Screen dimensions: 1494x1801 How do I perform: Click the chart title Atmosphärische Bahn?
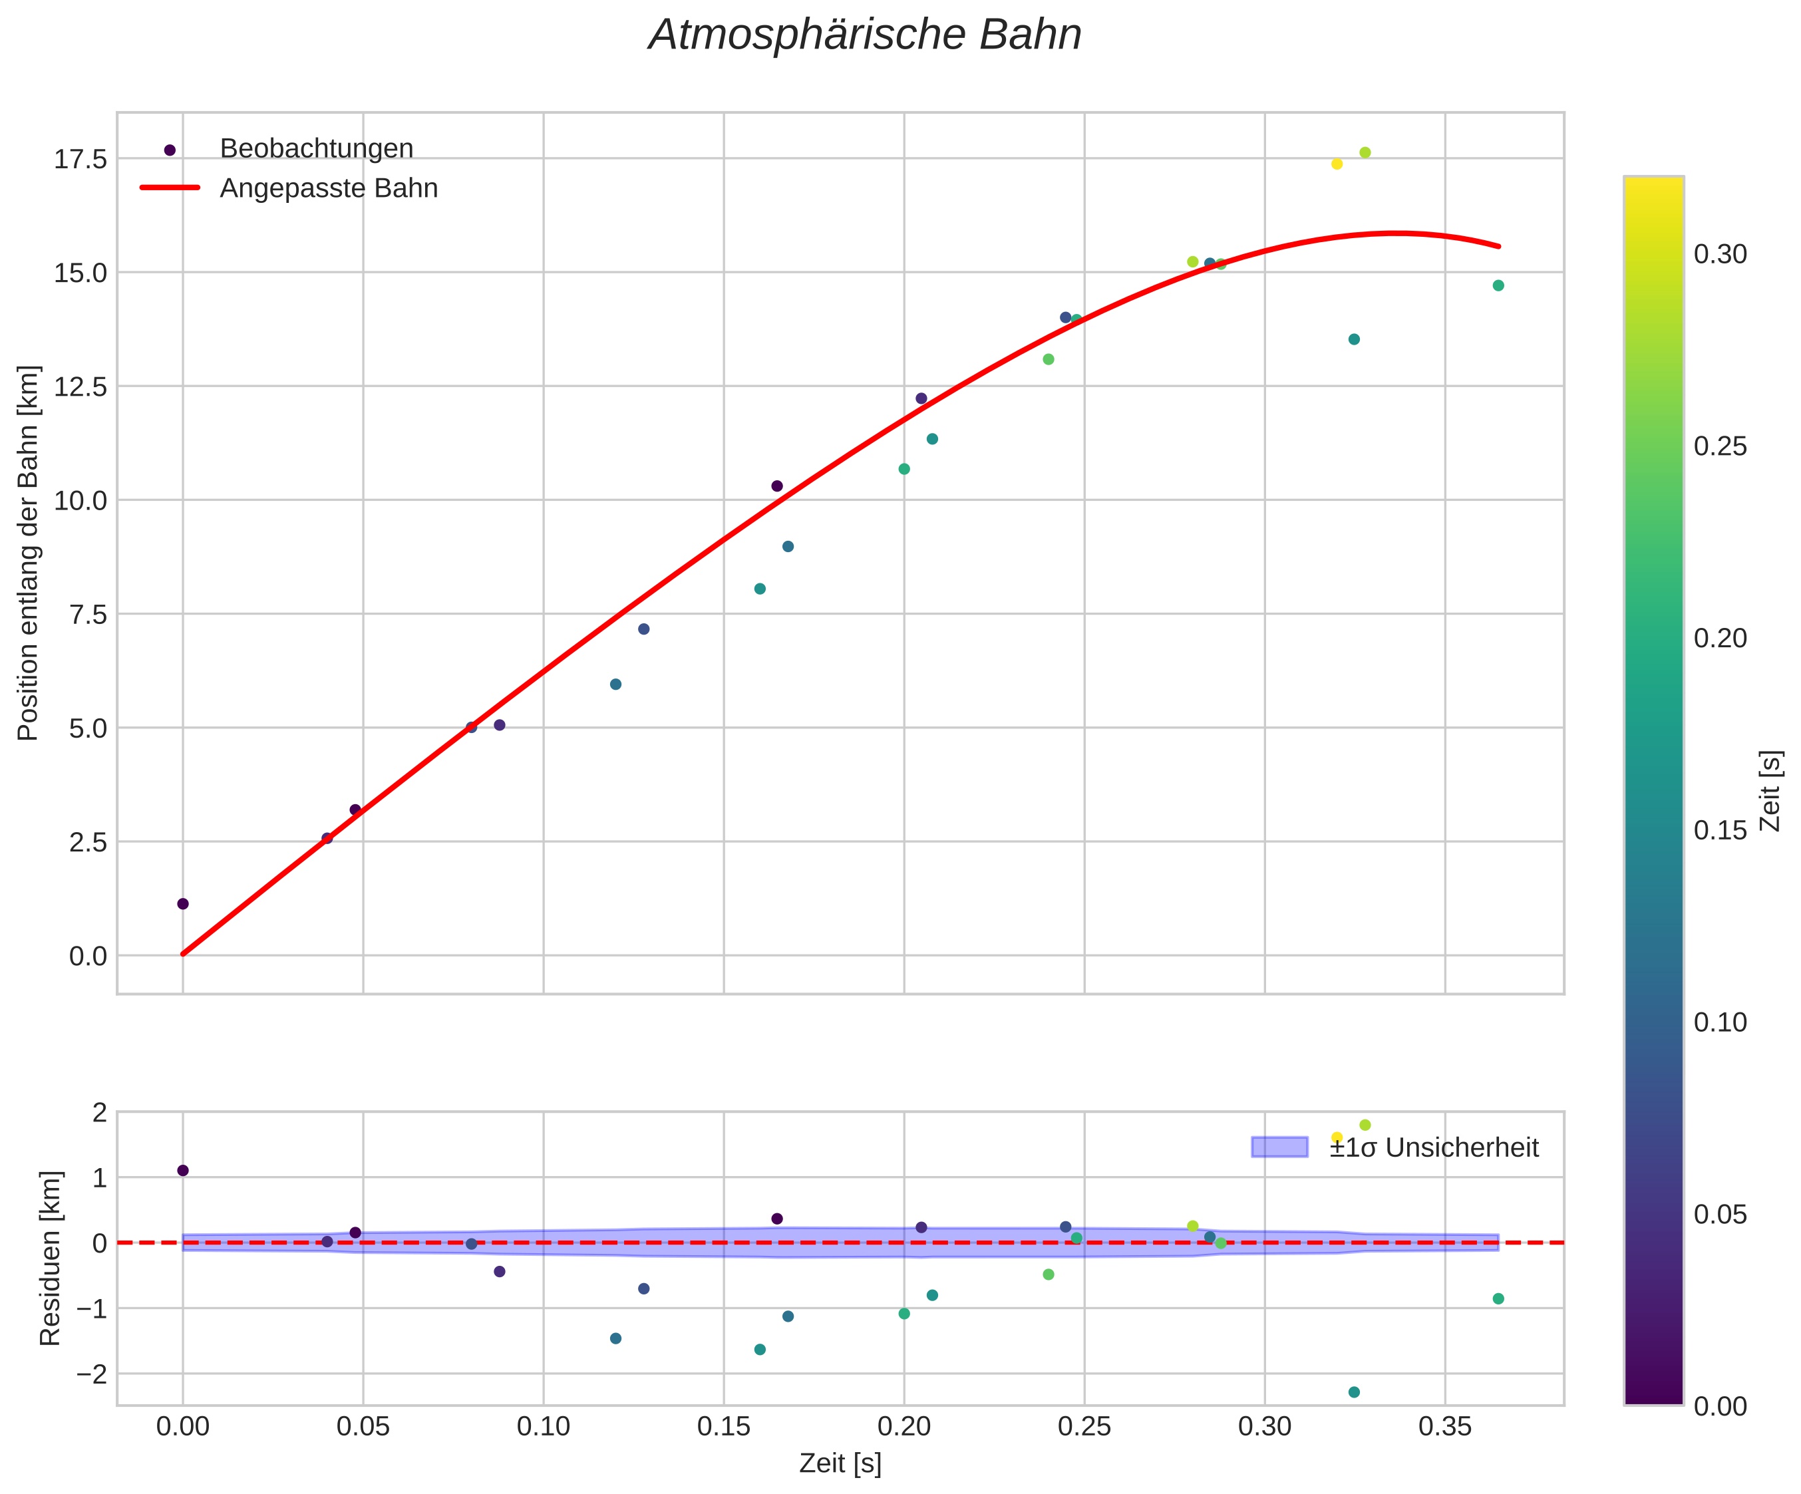(864, 35)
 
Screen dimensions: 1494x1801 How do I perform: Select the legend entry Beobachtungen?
(315, 149)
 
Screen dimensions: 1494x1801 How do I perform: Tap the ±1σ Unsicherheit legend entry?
(1433, 1147)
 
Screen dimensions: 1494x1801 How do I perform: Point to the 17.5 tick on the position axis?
(81, 160)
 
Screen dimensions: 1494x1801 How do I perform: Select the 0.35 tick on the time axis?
(1445, 1427)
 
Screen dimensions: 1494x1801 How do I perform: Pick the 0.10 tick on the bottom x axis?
(543, 1427)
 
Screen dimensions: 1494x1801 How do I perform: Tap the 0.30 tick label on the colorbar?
(1720, 255)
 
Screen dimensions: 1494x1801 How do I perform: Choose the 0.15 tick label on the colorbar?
(1720, 830)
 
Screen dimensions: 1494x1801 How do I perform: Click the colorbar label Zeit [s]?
(1770, 791)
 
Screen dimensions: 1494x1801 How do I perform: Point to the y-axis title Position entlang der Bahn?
(29, 553)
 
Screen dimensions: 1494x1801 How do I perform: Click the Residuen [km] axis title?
(51, 1258)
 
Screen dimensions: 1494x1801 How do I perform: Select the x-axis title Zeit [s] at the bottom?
(840, 1464)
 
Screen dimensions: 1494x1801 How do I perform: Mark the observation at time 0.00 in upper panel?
(183, 904)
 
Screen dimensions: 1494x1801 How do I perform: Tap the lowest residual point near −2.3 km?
(1354, 1392)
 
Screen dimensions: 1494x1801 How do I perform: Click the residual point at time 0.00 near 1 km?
(183, 1171)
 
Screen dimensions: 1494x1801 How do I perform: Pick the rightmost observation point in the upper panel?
(1498, 285)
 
